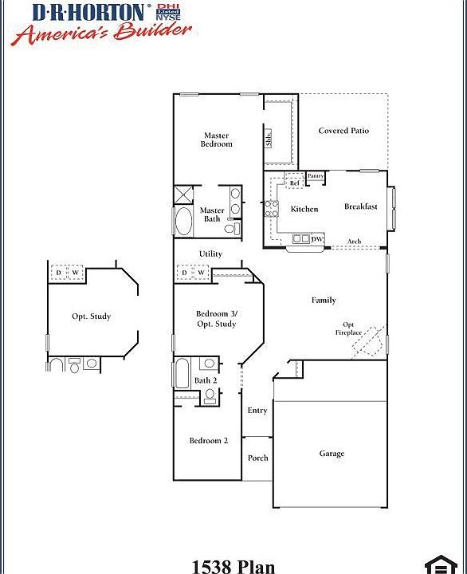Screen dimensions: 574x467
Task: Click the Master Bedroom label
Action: pyautogui.click(x=216, y=140)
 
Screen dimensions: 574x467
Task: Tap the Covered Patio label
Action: pyautogui.click(x=343, y=131)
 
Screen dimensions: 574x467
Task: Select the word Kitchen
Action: pyautogui.click(x=304, y=209)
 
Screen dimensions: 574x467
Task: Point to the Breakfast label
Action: pyautogui.click(x=360, y=206)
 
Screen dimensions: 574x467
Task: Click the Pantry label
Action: pyautogui.click(x=316, y=175)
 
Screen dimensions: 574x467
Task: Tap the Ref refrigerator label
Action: pyautogui.click(x=294, y=183)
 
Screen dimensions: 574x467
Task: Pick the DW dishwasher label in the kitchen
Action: pyautogui.click(x=316, y=239)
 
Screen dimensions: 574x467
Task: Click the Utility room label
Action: pyautogui.click(x=210, y=254)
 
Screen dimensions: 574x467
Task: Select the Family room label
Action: pyautogui.click(x=324, y=300)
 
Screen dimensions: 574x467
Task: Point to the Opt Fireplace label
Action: pyautogui.click(x=350, y=328)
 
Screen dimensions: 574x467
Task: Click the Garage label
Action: pyautogui.click(x=332, y=454)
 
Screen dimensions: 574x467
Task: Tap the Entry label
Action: pyautogui.click(x=257, y=411)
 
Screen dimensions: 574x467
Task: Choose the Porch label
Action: pyautogui.click(x=257, y=458)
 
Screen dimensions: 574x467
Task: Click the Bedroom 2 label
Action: pyautogui.click(x=208, y=440)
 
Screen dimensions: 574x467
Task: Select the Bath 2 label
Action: pyautogui.click(x=206, y=380)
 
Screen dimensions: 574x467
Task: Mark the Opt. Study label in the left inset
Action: pyautogui.click(x=91, y=316)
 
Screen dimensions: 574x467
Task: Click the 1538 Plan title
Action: pyautogui.click(x=233, y=566)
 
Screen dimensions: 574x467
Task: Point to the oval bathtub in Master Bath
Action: pyautogui.click(x=183, y=221)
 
